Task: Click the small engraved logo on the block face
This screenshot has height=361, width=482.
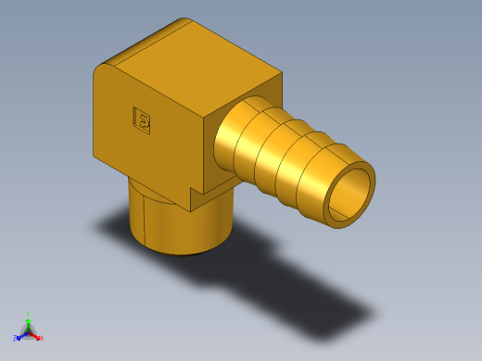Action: pos(144,118)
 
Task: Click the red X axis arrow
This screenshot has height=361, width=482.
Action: pos(36,336)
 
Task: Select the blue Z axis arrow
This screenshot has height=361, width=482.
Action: pos(21,334)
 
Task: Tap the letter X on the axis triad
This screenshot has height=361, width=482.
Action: pos(42,339)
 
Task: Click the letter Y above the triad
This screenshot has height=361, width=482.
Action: pos(29,315)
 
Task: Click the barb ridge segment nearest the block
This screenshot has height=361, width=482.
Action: pos(236,136)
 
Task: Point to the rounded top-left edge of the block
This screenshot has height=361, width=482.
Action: pos(101,67)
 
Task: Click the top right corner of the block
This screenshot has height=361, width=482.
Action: pos(280,74)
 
